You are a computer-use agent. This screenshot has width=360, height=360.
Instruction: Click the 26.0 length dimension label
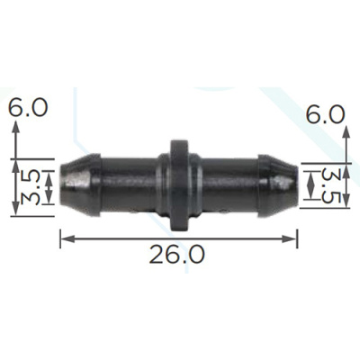tap(177, 254)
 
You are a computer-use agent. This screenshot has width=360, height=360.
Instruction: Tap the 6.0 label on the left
tap(28, 108)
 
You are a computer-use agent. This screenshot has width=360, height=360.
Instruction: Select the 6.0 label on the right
tap(326, 114)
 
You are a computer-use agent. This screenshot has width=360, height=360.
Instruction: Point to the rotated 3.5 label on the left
tap(30, 188)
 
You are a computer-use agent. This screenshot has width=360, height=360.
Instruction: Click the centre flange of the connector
tap(179, 185)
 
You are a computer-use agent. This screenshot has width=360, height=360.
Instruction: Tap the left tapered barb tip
tap(80, 185)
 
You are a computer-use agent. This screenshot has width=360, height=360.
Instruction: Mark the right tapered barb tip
tap(278, 185)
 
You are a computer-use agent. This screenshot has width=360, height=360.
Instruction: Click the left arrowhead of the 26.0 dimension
tap(67, 238)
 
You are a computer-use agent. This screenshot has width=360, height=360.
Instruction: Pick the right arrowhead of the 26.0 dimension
tap(290, 238)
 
